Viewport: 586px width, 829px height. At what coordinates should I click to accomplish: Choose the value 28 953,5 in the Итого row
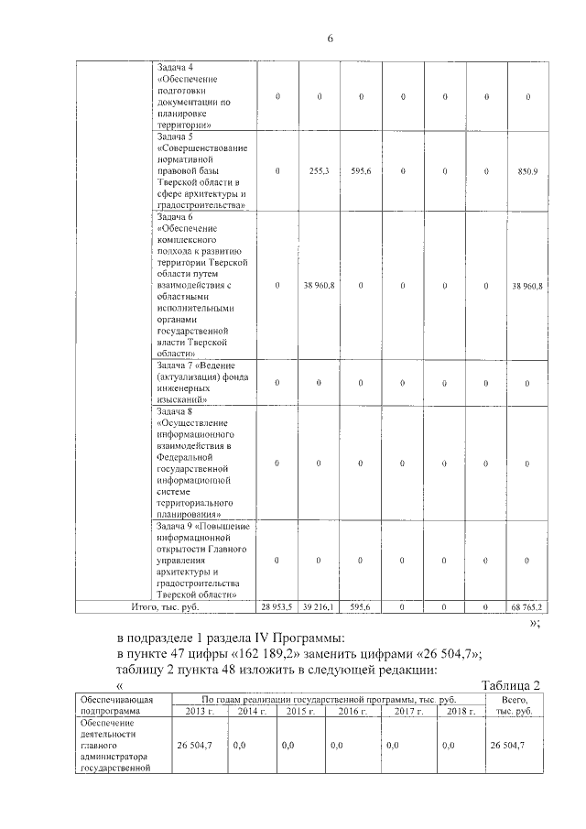277,606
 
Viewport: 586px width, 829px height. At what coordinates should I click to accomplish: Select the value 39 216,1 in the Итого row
319,606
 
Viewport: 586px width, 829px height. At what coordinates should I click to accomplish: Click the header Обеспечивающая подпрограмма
118,704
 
